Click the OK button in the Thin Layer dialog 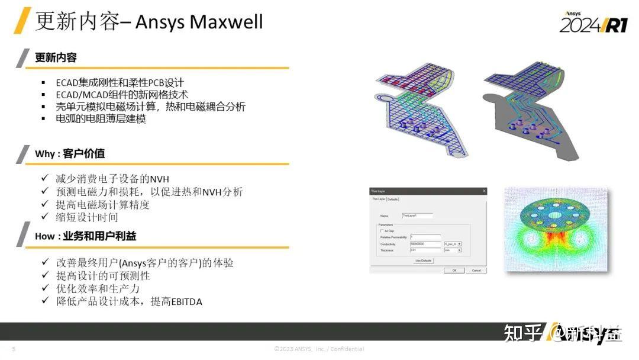(x=454, y=270)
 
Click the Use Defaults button (x=423, y=261)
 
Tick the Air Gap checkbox (x=382, y=230)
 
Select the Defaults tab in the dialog (x=392, y=199)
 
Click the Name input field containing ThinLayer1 (x=417, y=216)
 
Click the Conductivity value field (x=425, y=244)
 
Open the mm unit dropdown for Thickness (x=453, y=250)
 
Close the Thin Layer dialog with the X (x=484, y=191)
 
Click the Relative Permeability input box (x=425, y=237)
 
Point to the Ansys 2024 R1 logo (x=593, y=23)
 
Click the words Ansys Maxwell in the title (x=199, y=22)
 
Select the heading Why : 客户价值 (x=70, y=154)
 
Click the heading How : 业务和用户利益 (x=85, y=236)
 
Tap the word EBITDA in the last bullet (x=186, y=302)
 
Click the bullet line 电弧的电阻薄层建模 (x=101, y=118)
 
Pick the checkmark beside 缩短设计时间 (x=45, y=217)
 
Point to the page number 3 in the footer (x=14, y=349)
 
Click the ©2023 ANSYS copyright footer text (x=319, y=349)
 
